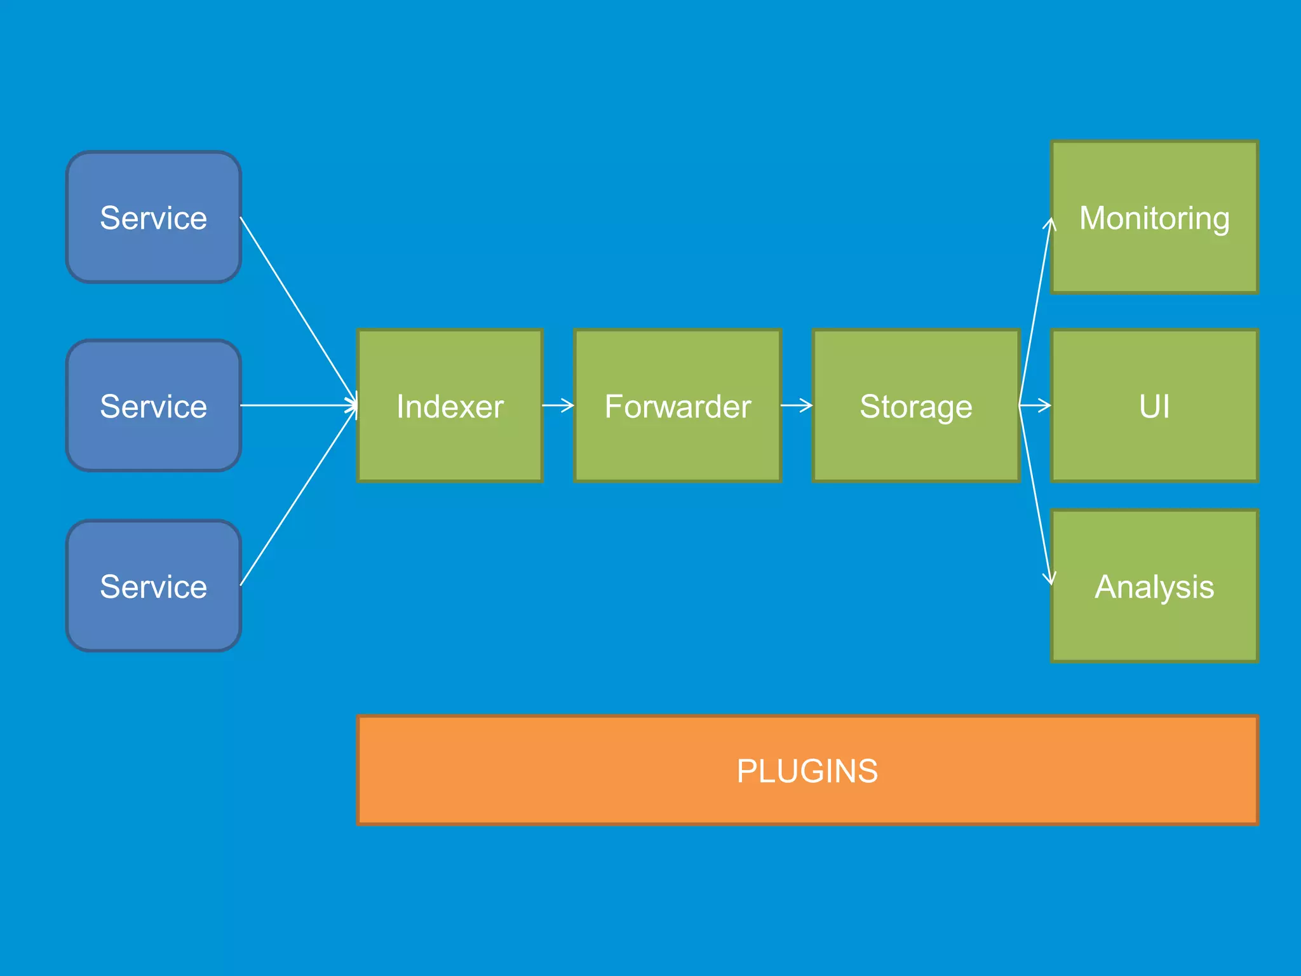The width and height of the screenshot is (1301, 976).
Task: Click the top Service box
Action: [153, 217]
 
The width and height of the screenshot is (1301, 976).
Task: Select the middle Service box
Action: [153, 405]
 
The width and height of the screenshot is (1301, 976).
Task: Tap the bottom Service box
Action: [153, 586]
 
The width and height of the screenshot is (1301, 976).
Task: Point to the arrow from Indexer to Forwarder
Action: [558, 405]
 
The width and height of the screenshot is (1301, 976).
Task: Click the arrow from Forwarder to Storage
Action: [797, 405]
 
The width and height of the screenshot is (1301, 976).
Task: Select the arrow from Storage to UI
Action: [1035, 405]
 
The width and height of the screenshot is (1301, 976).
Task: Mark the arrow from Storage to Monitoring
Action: [1034, 311]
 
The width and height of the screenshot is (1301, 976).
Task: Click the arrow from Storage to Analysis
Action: [1034, 496]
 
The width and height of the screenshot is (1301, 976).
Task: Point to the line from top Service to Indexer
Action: [299, 311]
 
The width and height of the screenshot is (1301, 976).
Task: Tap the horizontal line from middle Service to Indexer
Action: [299, 405]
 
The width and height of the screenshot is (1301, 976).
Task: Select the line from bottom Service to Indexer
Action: [299, 496]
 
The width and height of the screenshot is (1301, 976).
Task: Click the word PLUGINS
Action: [807, 771]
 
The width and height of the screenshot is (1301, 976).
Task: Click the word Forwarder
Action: [677, 406]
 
